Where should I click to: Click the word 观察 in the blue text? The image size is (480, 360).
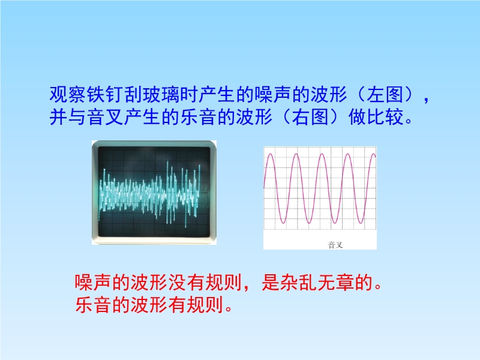[x=68, y=94]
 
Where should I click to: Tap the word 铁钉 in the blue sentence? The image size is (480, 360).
[x=106, y=94]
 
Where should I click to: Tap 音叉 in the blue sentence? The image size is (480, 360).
[x=106, y=117]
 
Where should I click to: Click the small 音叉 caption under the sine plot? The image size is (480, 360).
[x=335, y=245]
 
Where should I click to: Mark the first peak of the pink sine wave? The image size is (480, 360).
[x=271, y=154]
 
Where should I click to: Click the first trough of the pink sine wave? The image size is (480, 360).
[x=283, y=223]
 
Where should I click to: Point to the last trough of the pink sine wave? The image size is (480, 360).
[x=361, y=223]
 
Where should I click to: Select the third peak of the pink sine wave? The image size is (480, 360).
[x=322, y=154]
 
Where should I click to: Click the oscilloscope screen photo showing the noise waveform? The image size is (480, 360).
[x=154, y=192]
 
